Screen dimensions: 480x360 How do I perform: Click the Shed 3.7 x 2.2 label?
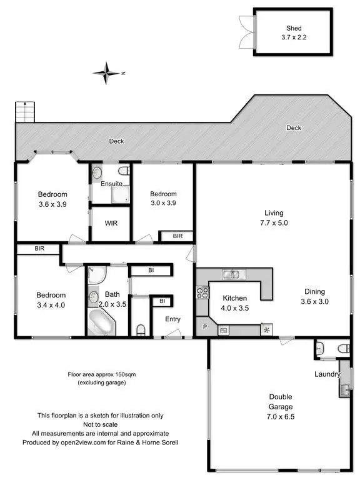tap(294, 33)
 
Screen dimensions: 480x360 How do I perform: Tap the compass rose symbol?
tap(107, 72)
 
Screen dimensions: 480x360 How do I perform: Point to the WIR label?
tap(111, 223)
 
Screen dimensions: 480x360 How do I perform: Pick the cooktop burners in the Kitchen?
tap(202, 292)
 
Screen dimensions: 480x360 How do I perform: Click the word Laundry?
tap(327, 375)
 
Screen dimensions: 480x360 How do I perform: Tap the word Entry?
tap(172, 319)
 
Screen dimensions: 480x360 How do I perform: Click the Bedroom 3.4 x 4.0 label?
tap(51, 300)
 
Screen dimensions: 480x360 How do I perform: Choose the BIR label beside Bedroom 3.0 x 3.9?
tap(177, 236)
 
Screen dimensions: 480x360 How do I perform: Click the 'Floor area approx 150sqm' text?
tap(102, 374)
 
